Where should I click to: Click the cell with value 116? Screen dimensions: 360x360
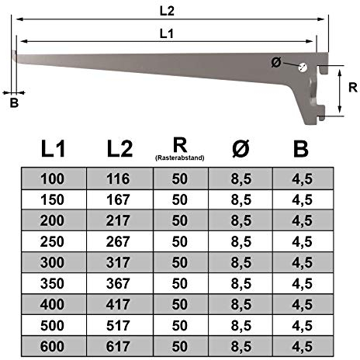click(x=119, y=178)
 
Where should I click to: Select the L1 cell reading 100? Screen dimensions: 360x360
click(x=54, y=178)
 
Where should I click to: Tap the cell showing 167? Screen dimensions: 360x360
click(x=119, y=199)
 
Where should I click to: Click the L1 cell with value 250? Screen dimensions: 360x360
click(x=54, y=241)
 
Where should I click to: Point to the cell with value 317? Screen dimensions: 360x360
click(x=119, y=261)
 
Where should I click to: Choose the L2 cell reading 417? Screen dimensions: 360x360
click(x=119, y=303)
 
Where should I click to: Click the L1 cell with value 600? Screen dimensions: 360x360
click(x=54, y=344)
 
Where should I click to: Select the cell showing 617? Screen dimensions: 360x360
click(x=119, y=344)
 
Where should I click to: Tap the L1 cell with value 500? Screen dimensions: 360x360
click(x=54, y=324)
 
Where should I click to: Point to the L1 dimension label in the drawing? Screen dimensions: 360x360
click(x=165, y=33)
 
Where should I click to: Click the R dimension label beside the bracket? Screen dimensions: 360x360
click(x=351, y=88)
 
